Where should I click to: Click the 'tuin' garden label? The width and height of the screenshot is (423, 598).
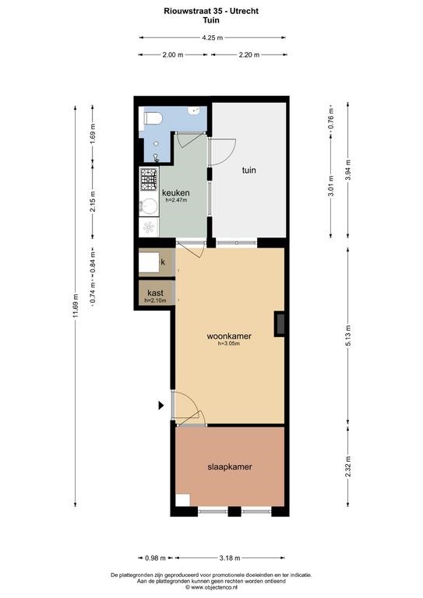(249, 170)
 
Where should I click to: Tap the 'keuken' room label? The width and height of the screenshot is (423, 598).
(176, 192)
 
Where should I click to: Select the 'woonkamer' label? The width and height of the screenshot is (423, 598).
(229, 336)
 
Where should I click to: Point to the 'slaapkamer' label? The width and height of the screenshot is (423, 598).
(230, 467)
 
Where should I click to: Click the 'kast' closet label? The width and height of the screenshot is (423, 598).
(155, 293)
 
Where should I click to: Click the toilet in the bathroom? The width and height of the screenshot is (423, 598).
(153, 118)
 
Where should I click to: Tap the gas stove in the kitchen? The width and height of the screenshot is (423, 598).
(149, 179)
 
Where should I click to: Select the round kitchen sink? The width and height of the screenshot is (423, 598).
(148, 206)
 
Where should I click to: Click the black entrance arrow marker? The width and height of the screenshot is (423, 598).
(161, 406)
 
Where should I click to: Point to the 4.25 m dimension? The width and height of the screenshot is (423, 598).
(213, 37)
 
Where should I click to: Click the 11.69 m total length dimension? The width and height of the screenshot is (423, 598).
(76, 306)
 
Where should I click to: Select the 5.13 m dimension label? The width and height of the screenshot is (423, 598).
(348, 336)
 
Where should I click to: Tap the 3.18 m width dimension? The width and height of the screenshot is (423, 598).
(230, 558)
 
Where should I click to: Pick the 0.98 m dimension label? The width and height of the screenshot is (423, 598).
(155, 558)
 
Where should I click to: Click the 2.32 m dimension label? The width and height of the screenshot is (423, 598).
(348, 467)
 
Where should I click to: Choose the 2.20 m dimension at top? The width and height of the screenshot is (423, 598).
(249, 55)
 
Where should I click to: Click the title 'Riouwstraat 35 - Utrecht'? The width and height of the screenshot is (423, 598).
(211, 11)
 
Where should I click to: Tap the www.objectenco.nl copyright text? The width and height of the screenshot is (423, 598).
(211, 588)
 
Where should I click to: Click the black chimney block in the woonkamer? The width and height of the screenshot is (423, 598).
(280, 324)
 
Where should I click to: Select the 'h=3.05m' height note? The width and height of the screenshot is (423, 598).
(229, 343)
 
